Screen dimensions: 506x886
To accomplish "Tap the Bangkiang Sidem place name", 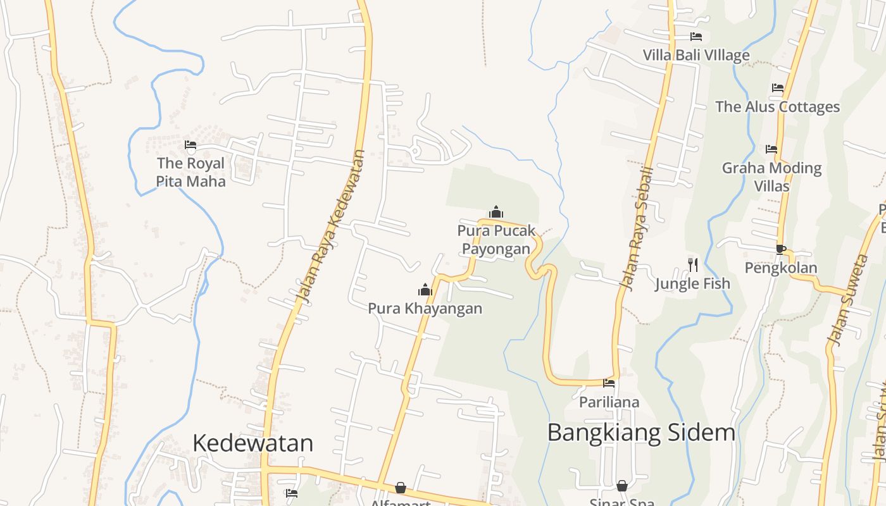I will (x=641, y=433).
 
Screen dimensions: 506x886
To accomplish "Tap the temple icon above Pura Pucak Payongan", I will (x=496, y=212).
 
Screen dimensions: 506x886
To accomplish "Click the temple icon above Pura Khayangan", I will (x=425, y=290).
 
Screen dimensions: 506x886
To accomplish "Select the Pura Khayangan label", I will (x=425, y=309).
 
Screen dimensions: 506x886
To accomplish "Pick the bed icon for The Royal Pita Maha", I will (x=190, y=145).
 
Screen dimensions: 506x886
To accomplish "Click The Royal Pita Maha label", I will (x=190, y=172).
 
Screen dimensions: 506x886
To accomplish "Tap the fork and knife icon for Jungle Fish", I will (x=693, y=264).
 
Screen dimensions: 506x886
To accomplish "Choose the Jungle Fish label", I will (x=692, y=283).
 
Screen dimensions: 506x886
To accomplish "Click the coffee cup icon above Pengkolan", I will (x=780, y=249).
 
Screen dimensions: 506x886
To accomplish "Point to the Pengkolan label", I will (x=780, y=268).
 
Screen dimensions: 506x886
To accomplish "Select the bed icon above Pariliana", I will (x=609, y=383).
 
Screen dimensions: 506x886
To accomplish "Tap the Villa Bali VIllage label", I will (x=696, y=55).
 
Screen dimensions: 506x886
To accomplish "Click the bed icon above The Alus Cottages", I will (x=778, y=88).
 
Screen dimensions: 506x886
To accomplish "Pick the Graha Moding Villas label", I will (x=771, y=176).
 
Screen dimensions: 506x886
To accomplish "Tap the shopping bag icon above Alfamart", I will (x=401, y=488).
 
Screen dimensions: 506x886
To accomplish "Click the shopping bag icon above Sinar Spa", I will (x=622, y=486).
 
